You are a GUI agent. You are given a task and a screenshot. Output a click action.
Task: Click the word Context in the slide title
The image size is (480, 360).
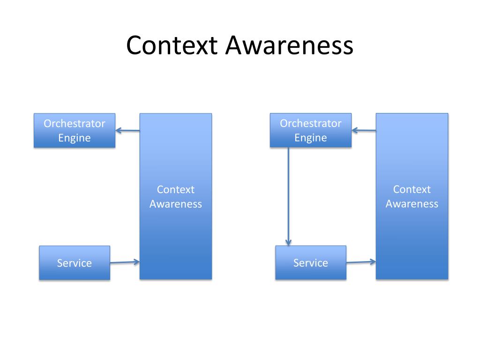172,45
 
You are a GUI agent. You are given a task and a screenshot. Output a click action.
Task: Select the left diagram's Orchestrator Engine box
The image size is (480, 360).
75,130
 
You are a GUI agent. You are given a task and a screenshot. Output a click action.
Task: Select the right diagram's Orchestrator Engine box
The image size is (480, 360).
311,130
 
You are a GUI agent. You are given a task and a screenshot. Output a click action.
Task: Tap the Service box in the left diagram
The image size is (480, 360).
75,263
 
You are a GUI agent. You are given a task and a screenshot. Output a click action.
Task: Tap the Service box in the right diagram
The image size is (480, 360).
311,263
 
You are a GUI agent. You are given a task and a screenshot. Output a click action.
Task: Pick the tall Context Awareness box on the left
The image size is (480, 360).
176,225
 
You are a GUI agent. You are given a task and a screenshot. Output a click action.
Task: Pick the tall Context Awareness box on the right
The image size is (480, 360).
412,225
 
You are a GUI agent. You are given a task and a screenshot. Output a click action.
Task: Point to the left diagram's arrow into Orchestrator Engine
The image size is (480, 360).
127,131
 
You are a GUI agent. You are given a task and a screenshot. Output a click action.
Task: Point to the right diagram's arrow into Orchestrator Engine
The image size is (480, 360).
364,131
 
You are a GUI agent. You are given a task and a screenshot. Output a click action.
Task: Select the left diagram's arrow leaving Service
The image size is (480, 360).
125,262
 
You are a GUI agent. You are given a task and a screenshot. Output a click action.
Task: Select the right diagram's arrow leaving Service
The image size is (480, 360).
361,262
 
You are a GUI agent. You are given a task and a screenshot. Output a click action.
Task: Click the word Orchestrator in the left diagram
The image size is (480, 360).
75,124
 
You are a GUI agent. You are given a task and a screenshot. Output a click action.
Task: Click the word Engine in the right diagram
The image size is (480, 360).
311,138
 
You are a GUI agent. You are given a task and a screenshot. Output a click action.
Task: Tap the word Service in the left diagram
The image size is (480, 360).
75,263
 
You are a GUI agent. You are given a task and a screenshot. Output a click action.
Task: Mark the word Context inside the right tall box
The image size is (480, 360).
412,190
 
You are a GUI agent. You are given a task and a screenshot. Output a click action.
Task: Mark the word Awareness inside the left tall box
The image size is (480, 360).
176,204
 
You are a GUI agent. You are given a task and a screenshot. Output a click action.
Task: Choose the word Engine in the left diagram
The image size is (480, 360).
75,138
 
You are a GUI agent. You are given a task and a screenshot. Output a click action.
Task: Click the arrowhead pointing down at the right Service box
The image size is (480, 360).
288,242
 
